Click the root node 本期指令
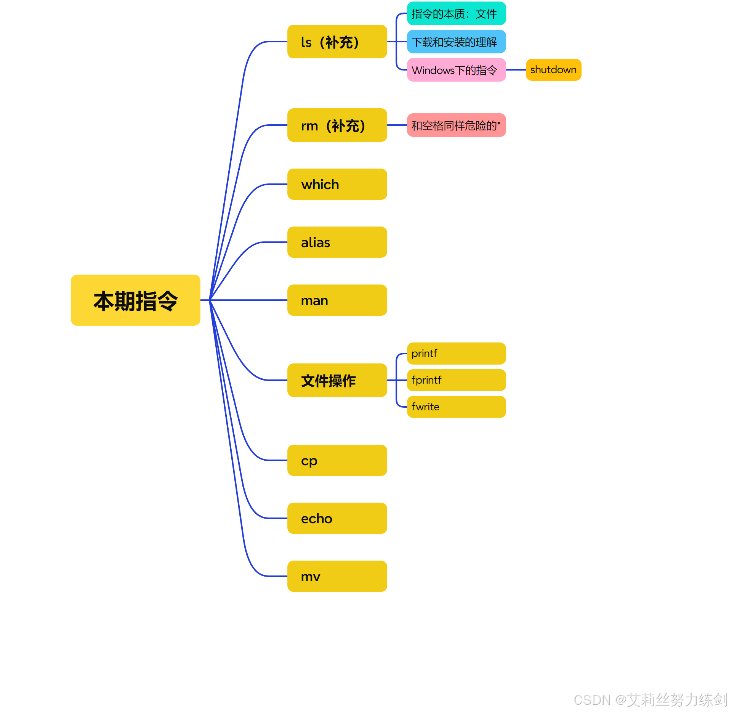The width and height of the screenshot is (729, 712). [x=135, y=300]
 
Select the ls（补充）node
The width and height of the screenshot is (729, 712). [x=337, y=42]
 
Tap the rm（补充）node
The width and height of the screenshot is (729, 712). [x=337, y=125]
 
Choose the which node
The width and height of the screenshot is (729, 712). [x=337, y=184]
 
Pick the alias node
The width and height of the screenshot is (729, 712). [x=337, y=242]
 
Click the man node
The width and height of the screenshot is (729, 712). [x=337, y=300]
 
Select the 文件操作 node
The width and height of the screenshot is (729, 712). [x=337, y=380]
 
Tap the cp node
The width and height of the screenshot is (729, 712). [x=337, y=460]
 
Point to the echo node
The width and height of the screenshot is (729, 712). [x=337, y=518]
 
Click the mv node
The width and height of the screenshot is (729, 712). [x=337, y=576]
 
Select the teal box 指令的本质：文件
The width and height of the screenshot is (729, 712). [x=456, y=14]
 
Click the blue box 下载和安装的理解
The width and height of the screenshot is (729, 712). [x=456, y=42]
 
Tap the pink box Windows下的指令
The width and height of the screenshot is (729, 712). [x=456, y=70]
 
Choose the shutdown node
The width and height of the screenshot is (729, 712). [x=553, y=70]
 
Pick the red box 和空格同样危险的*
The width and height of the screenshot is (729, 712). [x=456, y=125]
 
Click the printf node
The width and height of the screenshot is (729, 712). [x=456, y=354]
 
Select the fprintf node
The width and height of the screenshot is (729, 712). [x=456, y=380]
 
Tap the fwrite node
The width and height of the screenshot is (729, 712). [x=456, y=407]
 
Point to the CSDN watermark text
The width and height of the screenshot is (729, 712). [x=650, y=699]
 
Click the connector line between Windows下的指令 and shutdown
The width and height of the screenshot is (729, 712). [x=516, y=70]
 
